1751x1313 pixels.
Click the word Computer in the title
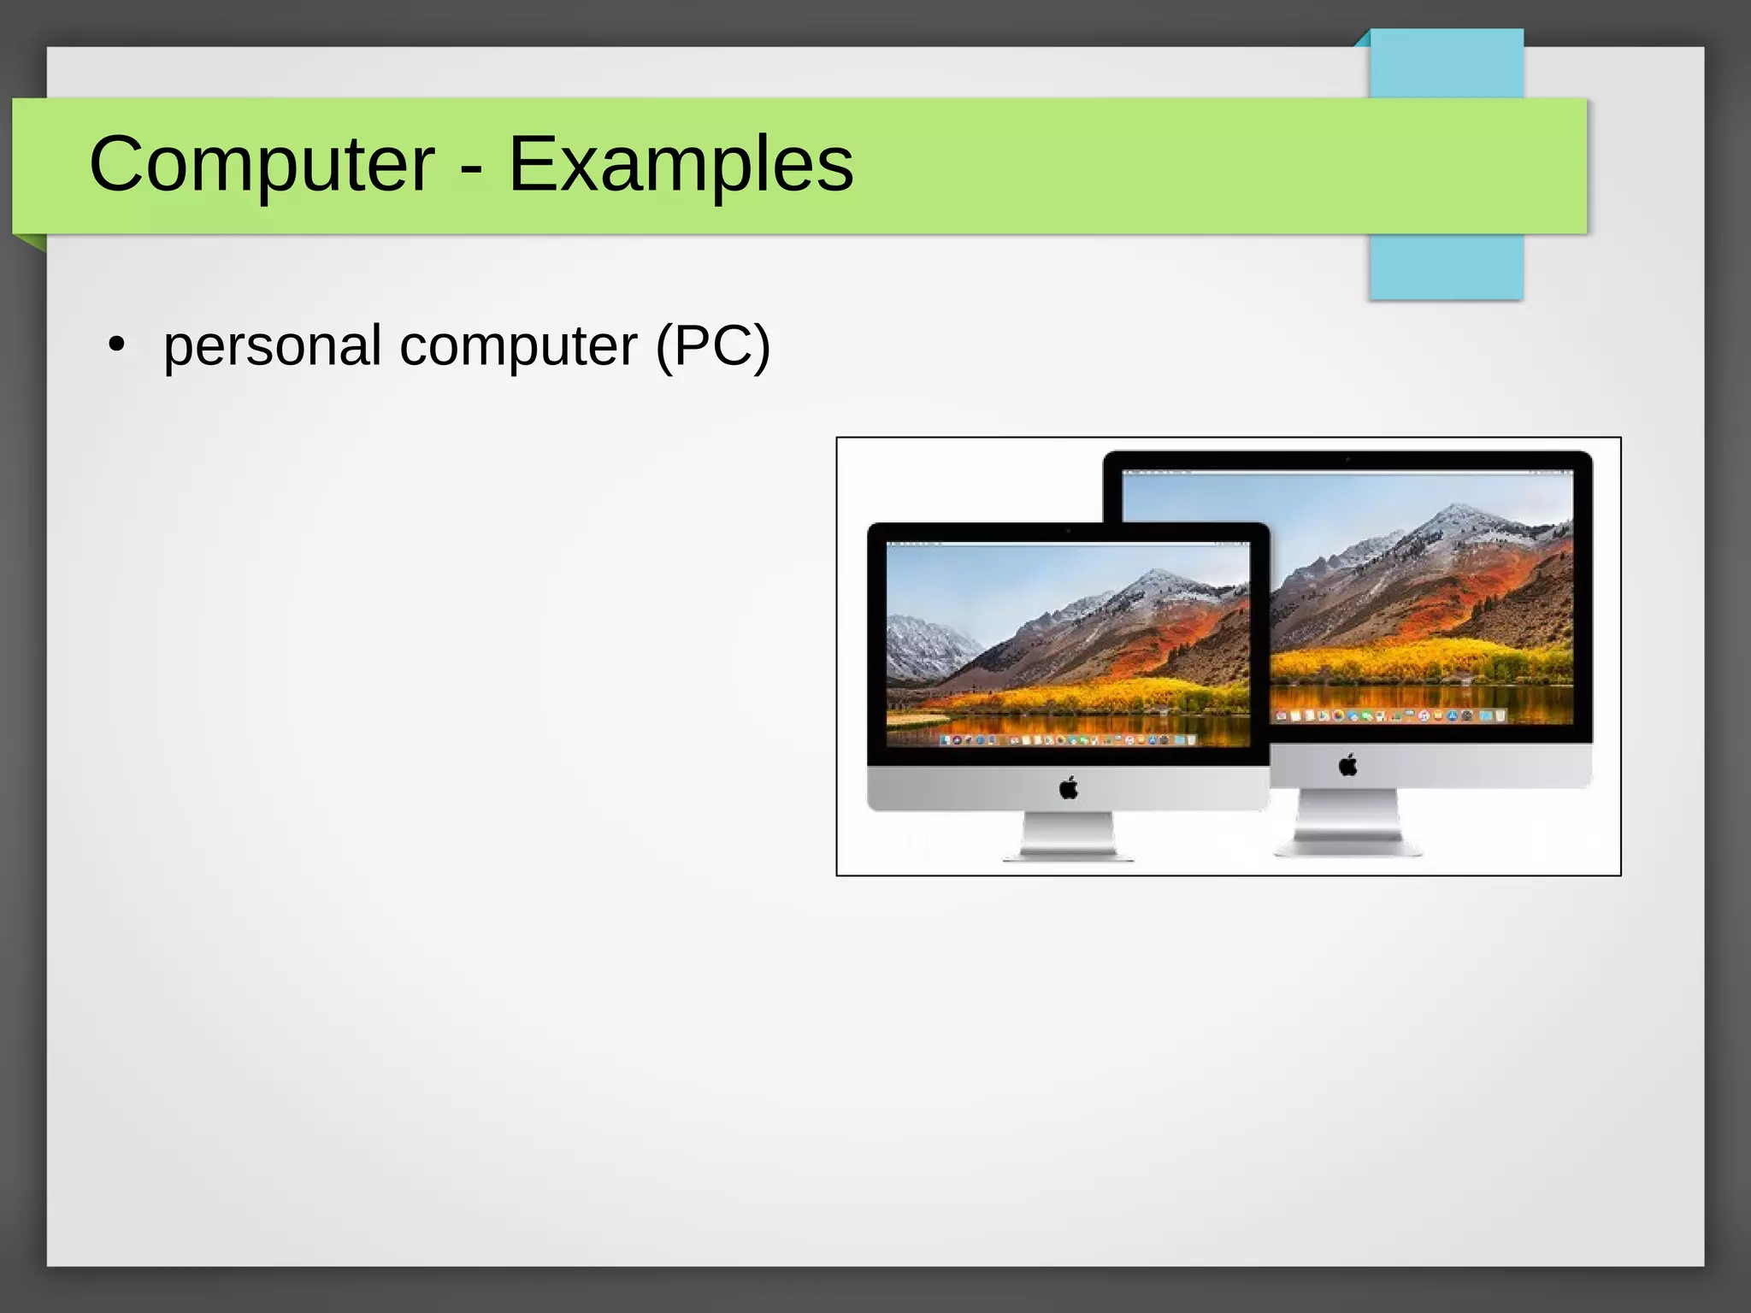click(x=262, y=164)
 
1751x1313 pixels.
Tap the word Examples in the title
click(x=681, y=164)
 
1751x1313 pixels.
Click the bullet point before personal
click(x=117, y=345)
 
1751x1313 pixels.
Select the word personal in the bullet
click(x=272, y=347)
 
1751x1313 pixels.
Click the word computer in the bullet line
click(x=518, y=347)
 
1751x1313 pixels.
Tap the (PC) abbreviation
click(x=713, y=347)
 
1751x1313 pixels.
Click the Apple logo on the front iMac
click(x=1069, y=788)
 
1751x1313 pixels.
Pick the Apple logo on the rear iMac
click(x=1348, y=765)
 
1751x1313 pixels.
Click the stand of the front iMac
click(x=1069, y=836)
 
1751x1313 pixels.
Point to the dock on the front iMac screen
click(x=1068, y=739)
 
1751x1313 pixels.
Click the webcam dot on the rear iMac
click(x=1347, y=460)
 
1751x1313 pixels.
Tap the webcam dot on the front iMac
click(x=1068, y=531)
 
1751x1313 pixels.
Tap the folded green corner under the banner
click(x=31, y=243)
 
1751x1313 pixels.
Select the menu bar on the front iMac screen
click(x=1068, y=544)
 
